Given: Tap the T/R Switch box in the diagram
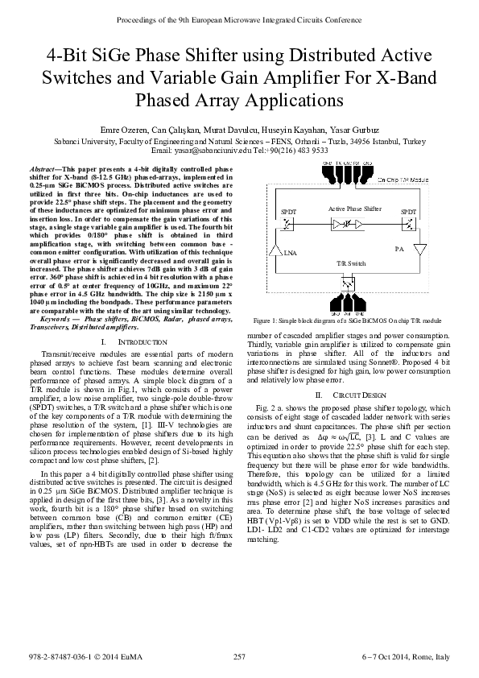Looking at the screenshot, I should pos(349,283).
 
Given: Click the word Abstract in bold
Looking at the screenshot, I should pos(43,167).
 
